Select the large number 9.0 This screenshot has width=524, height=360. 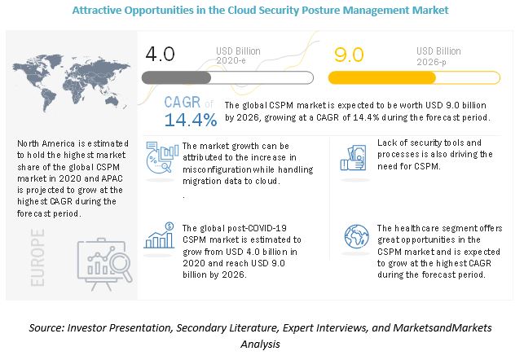point(350,55)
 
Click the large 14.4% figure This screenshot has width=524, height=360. point(190,121)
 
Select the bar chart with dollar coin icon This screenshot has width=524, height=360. point(160,235)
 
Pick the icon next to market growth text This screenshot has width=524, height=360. point(161,158)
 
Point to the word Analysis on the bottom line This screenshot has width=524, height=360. point(262,345)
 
